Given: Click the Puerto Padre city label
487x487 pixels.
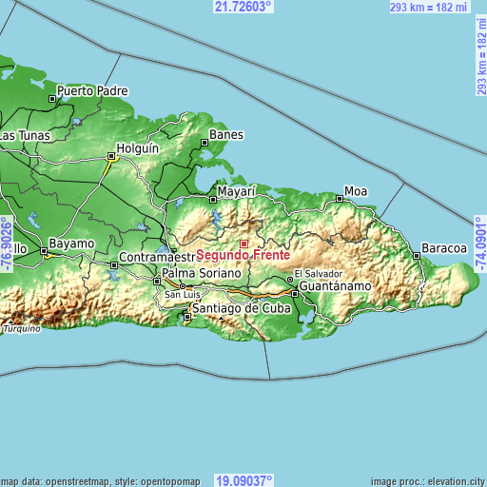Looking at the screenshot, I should point(91,92).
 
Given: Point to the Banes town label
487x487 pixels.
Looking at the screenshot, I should point(226,135).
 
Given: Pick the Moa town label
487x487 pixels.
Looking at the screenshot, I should point(356,191).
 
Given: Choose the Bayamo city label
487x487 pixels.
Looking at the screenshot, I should point(71,243).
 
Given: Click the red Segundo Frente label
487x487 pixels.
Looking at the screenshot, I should point(243,256).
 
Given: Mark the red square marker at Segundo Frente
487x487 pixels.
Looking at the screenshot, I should point(243,243).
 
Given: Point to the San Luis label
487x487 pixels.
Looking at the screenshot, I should point(184,295).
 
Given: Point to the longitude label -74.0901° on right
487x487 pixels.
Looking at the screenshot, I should point(479,244).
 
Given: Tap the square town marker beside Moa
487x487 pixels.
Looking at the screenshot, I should point(339,198).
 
